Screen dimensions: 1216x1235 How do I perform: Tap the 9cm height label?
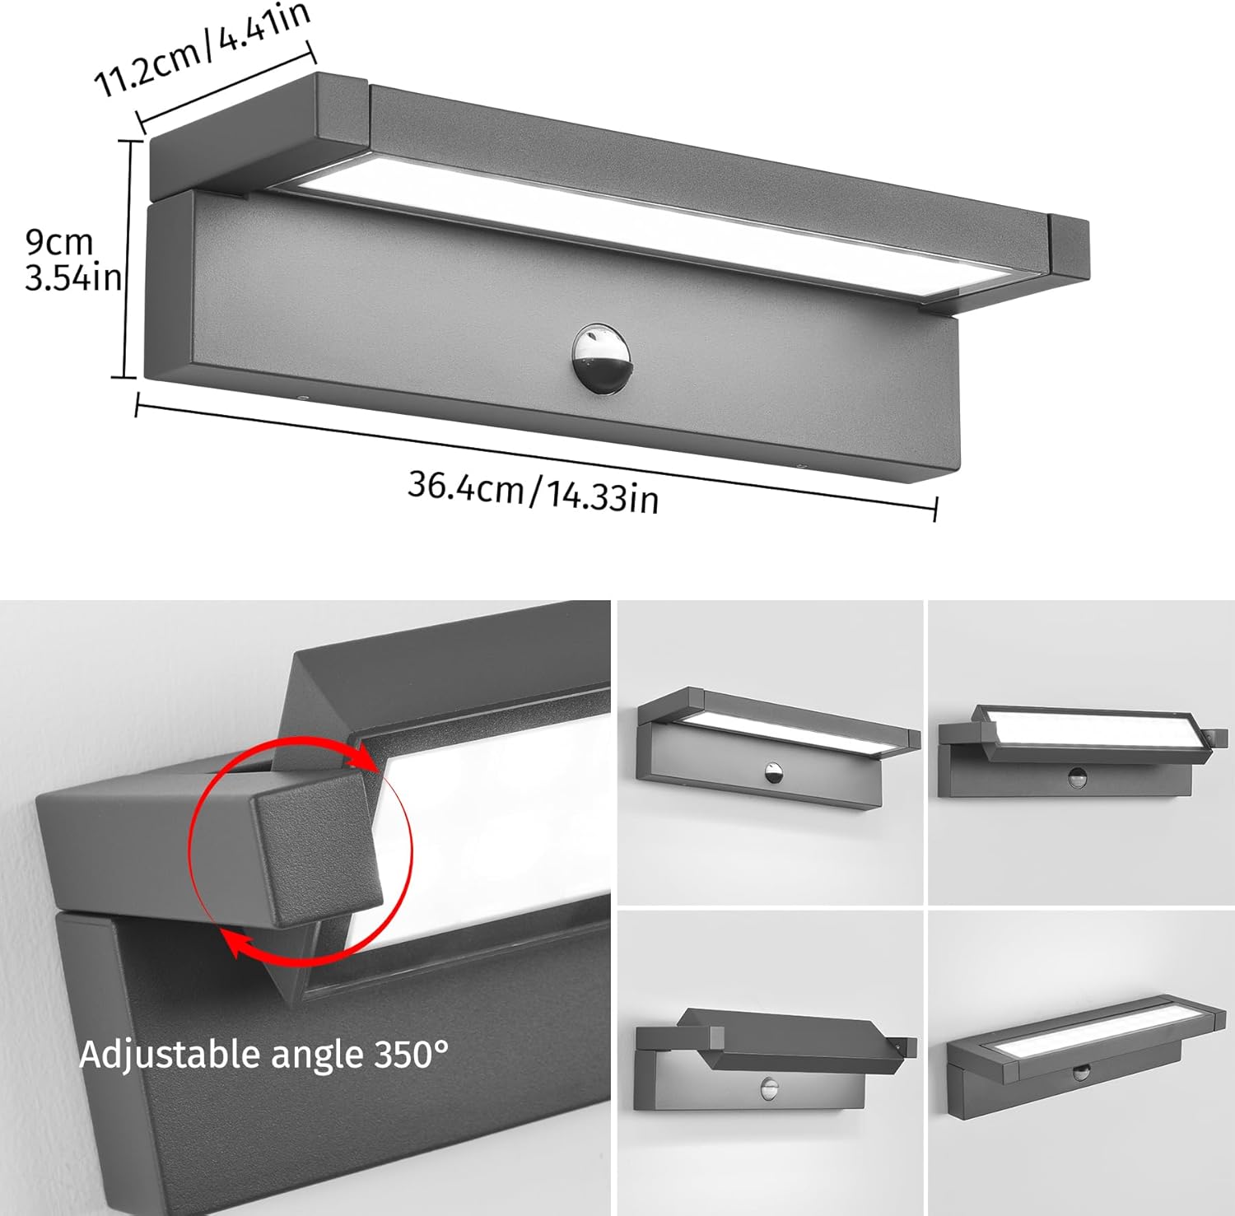(59, 242)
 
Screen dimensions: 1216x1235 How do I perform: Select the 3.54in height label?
(72, 278)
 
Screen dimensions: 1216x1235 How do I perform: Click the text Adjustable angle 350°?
(263, 1055)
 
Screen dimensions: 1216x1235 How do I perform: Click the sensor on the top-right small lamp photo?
(1076, 775)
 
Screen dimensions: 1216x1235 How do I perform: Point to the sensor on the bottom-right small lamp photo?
(1080, 1071)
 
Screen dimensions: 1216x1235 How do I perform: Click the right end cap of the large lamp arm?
(1070, 246)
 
